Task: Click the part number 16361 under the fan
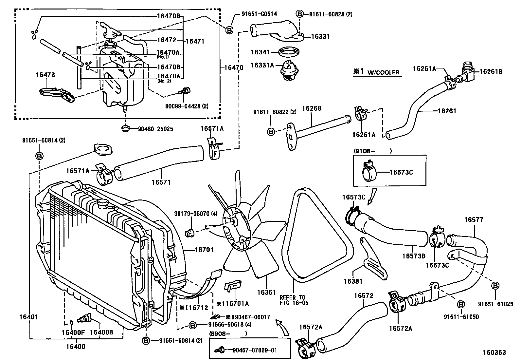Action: [x=266, y=293]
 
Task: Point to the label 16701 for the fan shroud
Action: [x=204, y=250]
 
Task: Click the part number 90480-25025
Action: [x=155, y=129]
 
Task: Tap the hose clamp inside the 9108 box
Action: [x=369, y=172]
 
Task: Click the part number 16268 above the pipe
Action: [x=312, y=108]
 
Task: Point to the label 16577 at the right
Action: [x=473, y=220]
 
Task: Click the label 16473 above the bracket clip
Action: [x=45, y=75]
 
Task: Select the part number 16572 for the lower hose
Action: [x=364, y=296]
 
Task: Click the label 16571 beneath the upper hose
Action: [x=161, y=182]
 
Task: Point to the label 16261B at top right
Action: [x=491, y=71]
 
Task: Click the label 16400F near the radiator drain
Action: [x=73, y=332]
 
